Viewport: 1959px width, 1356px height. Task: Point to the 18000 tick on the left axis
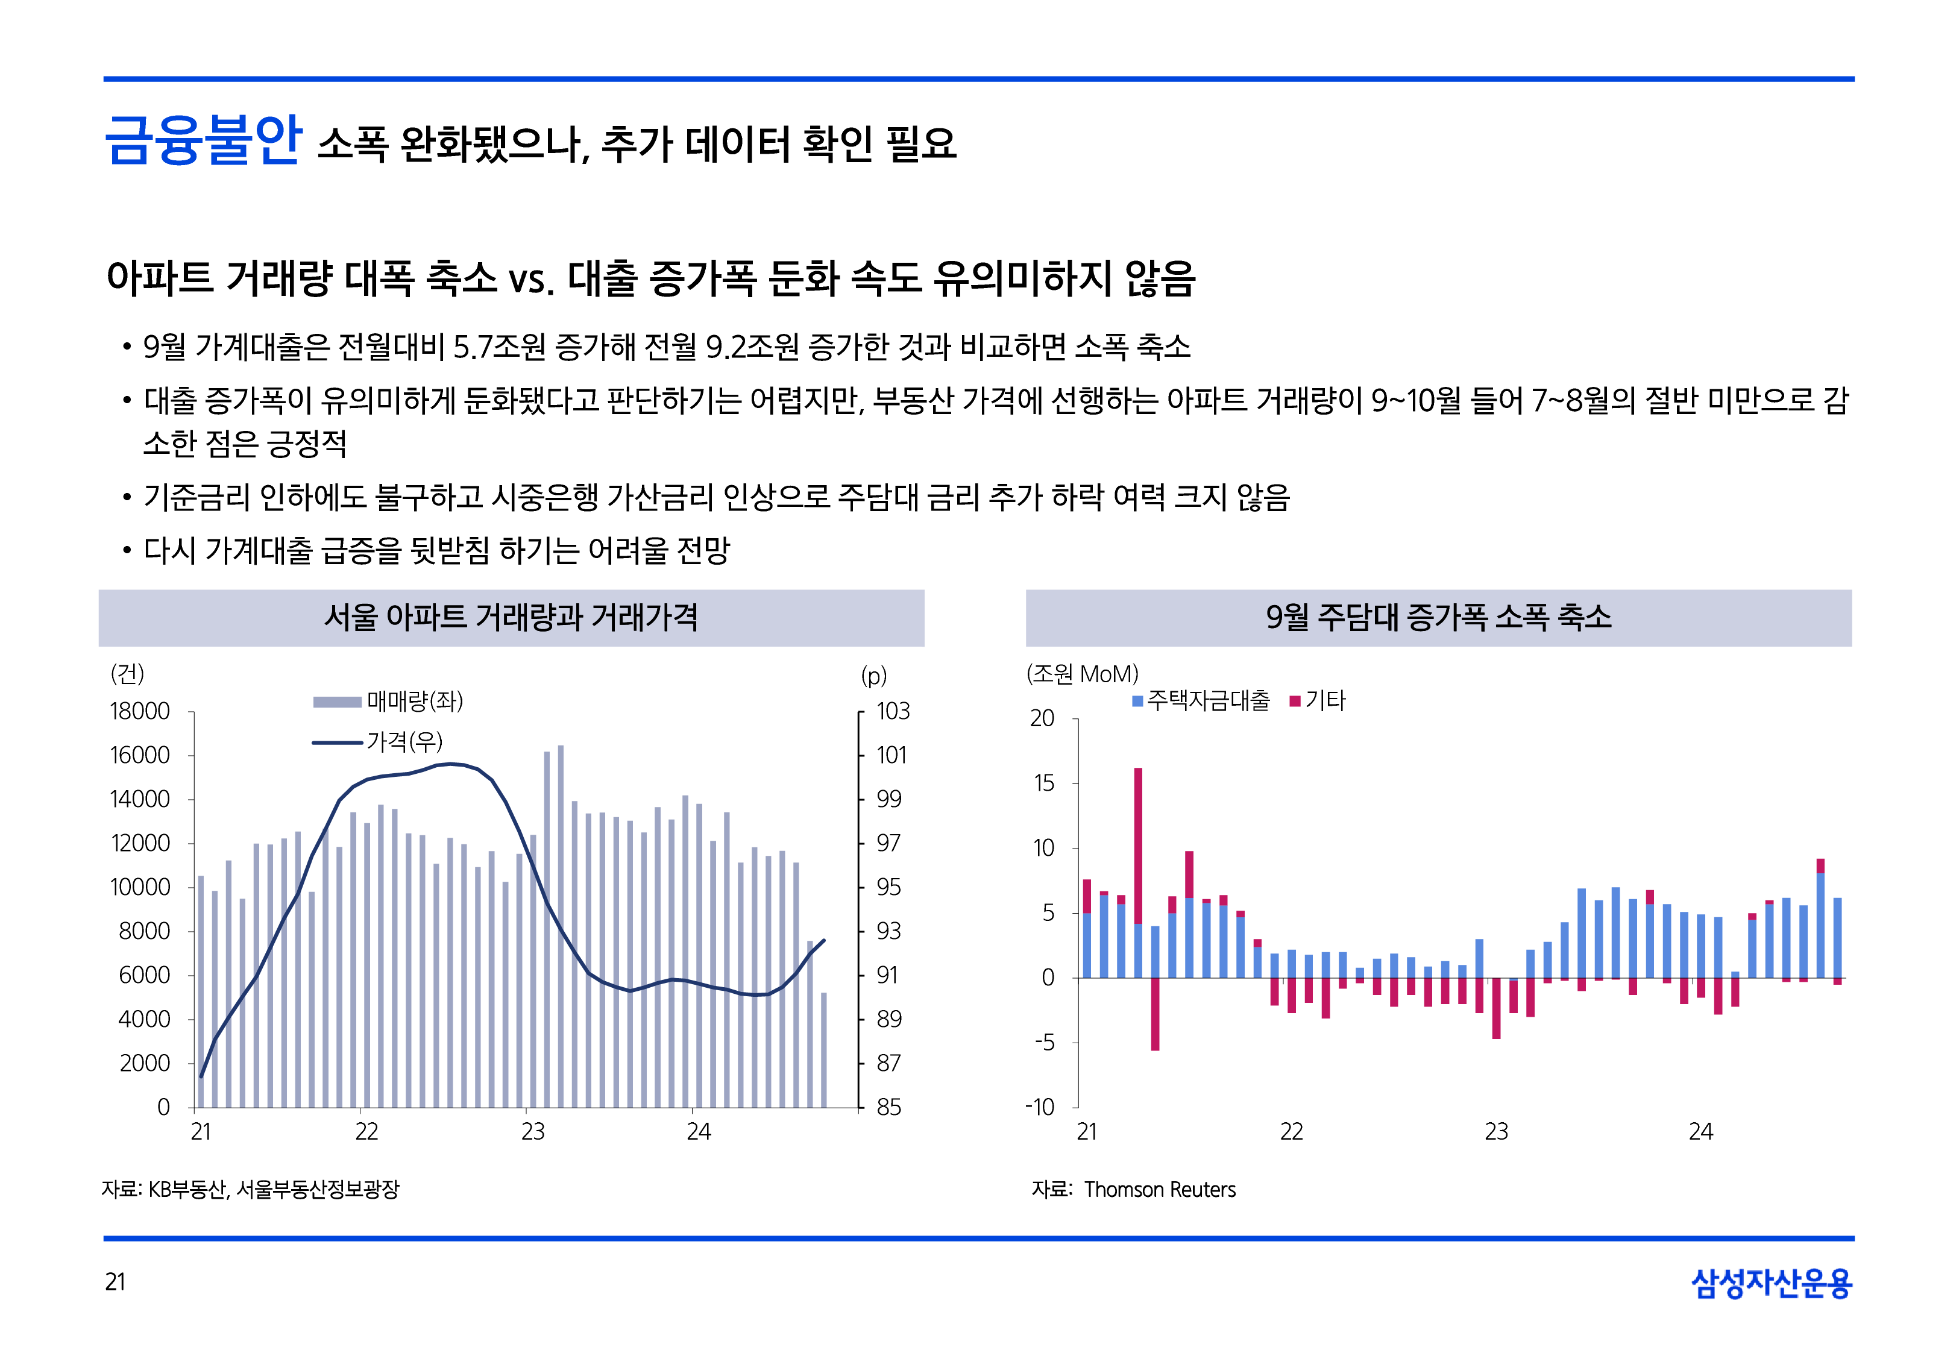click(140, 711)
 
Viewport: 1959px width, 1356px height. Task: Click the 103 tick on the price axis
click(892, 711)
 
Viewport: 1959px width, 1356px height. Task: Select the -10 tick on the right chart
click(1040, 1107)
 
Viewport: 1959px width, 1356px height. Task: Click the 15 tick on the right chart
click(1043, 783)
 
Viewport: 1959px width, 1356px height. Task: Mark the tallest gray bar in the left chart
click(561, 926)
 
